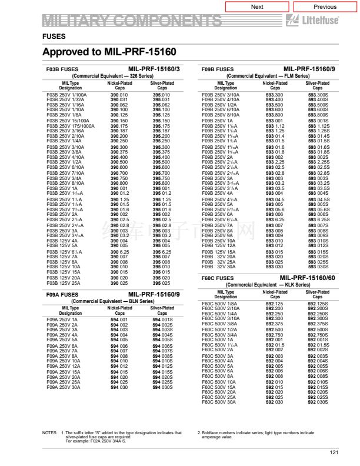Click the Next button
(x=257, y=7)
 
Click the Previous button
(x=325, y=7)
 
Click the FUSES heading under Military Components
(x=54, y=36)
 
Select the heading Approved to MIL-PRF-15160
(x=109, y=52)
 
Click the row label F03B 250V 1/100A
(x=66, y=95)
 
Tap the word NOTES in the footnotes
(x=49, y=433)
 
